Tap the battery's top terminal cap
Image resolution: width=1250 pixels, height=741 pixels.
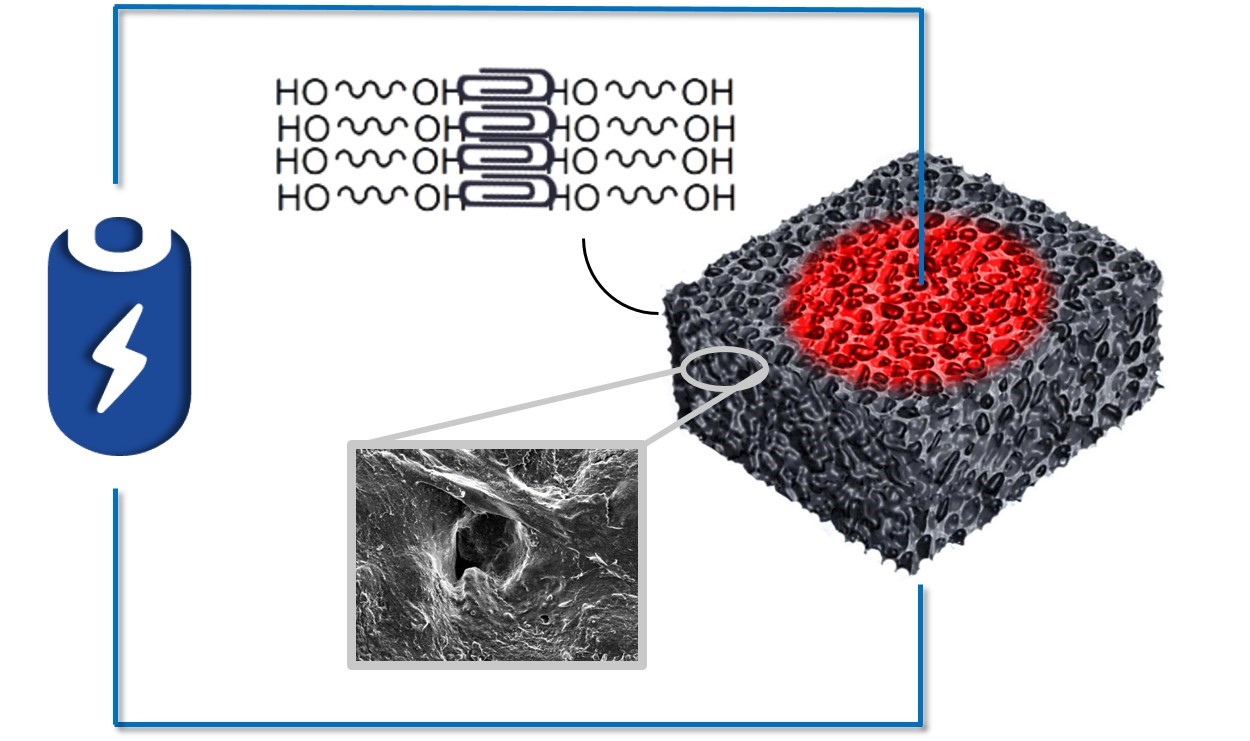(x=119, y=234)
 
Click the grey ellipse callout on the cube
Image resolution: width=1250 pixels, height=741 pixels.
(x=724, y=367)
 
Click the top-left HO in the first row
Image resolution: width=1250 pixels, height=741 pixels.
(x=301, y=93)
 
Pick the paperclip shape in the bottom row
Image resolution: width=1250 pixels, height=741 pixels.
(x=507, y=193)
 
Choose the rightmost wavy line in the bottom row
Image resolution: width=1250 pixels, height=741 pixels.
(x=642, y=195)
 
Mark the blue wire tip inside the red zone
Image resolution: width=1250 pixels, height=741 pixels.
(x=921, y=283)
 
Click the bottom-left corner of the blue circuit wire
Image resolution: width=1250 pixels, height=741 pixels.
(x=116, y=724)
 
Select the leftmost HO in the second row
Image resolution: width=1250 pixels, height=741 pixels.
(x=304, y=129)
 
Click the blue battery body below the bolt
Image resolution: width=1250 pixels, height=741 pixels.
(x=119, y=432)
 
